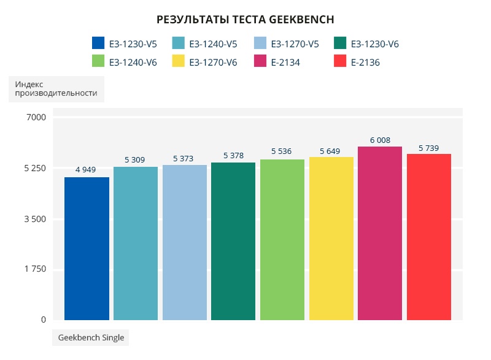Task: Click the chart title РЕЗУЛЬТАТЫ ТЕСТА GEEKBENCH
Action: [x=245, y=20]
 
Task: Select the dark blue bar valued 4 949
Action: [x=87, y=248]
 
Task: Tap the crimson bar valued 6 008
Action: [x=380, y=233]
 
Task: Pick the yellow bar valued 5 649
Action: [x=331, y=239]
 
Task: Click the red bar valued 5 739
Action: [x=428, y=237]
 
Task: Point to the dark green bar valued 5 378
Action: [x=233, y=241]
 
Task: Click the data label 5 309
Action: [x=135, y=159]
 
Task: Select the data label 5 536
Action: [x=282, y=151]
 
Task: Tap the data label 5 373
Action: [x=184, y=158]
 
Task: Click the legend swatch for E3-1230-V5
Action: [x=98, y=44]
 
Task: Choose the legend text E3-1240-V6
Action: [x=133, y=62]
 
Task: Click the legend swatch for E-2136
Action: [x=340, y=62]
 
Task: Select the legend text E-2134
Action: [x=285, y=62]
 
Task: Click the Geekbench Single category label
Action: [x=91, y=337]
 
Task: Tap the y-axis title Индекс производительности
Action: [x=56, y=88]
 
